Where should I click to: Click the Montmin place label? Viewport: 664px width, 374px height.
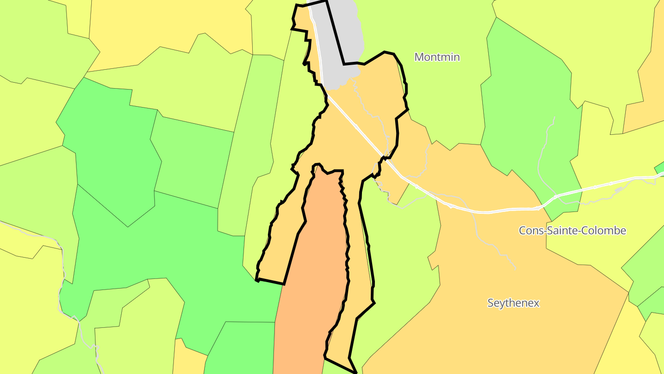tap(437, 57)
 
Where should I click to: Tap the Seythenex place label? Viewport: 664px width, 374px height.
tap(513, 303)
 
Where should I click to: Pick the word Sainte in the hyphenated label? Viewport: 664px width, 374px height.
tap(561, 230)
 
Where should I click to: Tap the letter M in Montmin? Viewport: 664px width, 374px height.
tap(419, 57)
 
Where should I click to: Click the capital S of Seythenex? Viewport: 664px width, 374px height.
tap(491, 303)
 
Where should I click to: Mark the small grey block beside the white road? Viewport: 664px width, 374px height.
tap(618, 190)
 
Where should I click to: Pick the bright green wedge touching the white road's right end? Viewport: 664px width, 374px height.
tap(659, 167)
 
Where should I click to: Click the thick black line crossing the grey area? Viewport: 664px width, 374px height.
tap(335, 32)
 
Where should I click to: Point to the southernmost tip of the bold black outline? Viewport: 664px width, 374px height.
tap(356, 372)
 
